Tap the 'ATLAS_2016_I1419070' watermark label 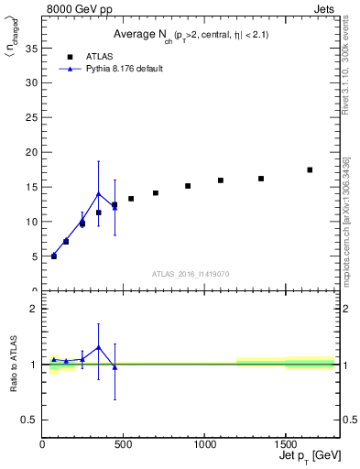click(x=191, y=274)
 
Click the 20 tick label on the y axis click(x=34, y=152)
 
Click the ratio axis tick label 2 click(x=34, y=309)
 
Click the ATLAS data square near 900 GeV click(x=188, y=186)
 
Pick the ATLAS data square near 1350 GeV click(x=261, y=179)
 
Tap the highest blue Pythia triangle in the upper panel click(x=99, y=193)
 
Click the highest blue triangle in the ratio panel click(x=99, y=347)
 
